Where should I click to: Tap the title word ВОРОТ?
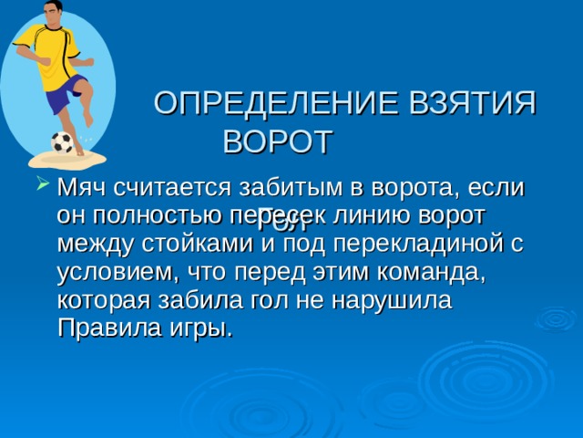pos(279,141)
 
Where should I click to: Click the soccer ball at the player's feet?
pos(62,142)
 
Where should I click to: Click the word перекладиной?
pos(407,244)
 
